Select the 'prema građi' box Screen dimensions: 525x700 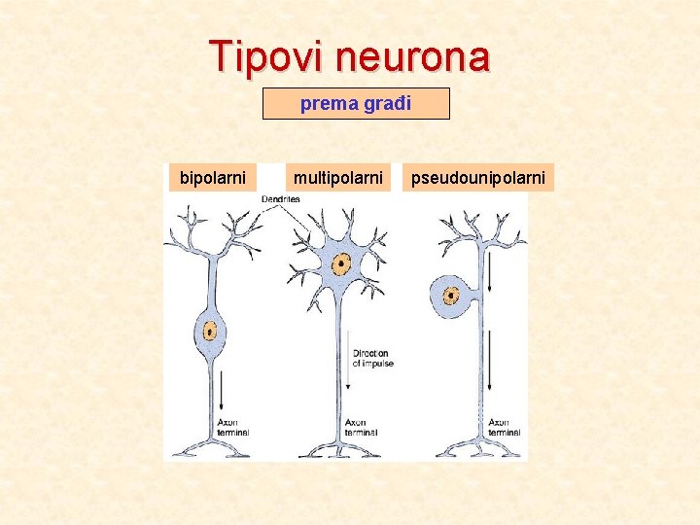click(356, 103)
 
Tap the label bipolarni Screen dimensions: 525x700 click(213, 178)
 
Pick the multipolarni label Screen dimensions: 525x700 click(338, 178)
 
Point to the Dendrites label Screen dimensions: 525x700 click(280, 199)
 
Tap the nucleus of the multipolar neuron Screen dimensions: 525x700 click(341, 263)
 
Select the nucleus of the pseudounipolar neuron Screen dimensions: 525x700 click(451, 295)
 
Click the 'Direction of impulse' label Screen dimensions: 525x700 click(371, 358)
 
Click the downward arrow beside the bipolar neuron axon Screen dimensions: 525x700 click(223, 391)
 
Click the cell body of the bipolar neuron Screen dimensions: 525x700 click(209, 335)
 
